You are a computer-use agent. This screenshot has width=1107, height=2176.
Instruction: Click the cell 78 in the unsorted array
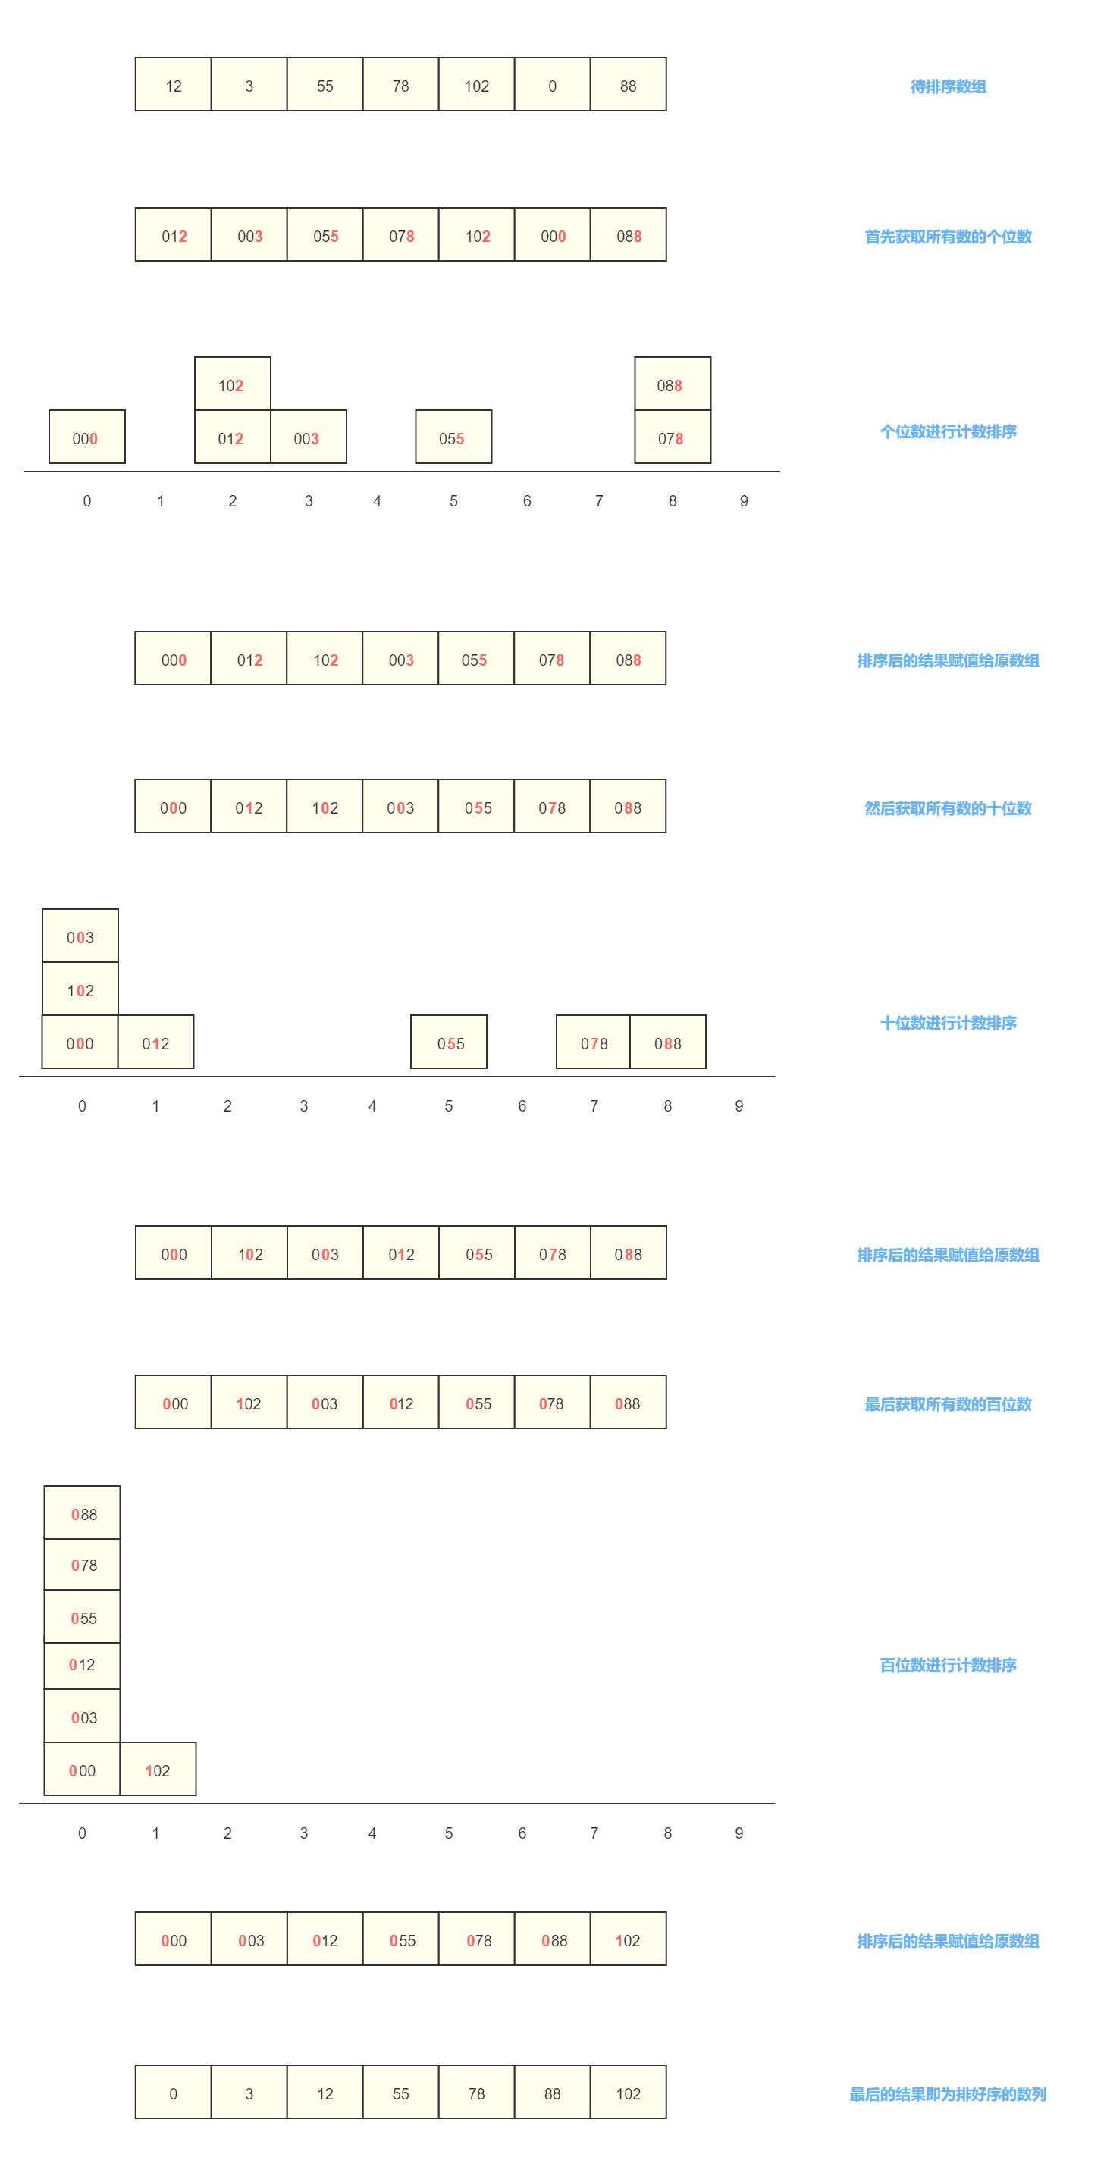point(400,84)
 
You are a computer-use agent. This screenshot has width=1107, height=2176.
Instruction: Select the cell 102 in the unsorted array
point(477,84)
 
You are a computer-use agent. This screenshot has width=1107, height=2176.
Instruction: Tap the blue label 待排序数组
point(948,86)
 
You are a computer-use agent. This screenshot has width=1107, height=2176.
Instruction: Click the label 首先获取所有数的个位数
point(948,237)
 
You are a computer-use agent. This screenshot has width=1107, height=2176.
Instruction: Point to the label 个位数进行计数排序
point(948,431)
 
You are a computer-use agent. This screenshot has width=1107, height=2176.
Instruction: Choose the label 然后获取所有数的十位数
point(948,808)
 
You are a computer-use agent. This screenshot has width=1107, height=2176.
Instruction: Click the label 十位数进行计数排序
point(948,1023)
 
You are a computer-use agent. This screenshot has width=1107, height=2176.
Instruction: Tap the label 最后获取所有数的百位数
point(948,1404)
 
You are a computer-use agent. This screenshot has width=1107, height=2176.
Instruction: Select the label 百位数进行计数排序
point(948,1665)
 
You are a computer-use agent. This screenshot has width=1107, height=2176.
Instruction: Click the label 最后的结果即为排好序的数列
point(948,2094)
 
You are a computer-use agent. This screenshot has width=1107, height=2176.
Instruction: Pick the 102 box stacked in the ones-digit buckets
point(232,384)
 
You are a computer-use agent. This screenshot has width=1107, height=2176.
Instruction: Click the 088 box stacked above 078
point(673,384)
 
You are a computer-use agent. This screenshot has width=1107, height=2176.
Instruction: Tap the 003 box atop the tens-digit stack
point(80,936)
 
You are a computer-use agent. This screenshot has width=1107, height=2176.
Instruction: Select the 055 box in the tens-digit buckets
point(449,1042)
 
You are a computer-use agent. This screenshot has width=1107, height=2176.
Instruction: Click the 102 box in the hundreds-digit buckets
point(158,1769)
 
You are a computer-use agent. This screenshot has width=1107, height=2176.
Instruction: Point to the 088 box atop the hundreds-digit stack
point(82,1513)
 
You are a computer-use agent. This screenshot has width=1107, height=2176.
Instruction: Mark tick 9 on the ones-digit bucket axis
point(744,501)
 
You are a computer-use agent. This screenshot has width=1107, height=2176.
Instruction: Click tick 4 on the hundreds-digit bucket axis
point(372,1833)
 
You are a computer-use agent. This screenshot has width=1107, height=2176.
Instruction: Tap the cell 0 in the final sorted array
point(173,2093)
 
